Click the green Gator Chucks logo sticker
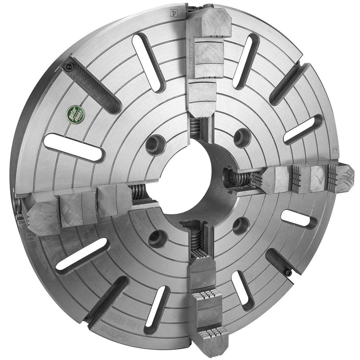tap(76, 114)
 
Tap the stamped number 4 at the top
tap(174, 12)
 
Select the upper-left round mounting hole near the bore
tap(154, 144)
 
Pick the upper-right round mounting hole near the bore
tap(242, 137)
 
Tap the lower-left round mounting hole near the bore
tap(157, 238)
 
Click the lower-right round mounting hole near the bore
tap(240, 226)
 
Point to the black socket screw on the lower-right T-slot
tap(288, 273)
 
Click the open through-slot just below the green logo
tap(73, 147)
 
